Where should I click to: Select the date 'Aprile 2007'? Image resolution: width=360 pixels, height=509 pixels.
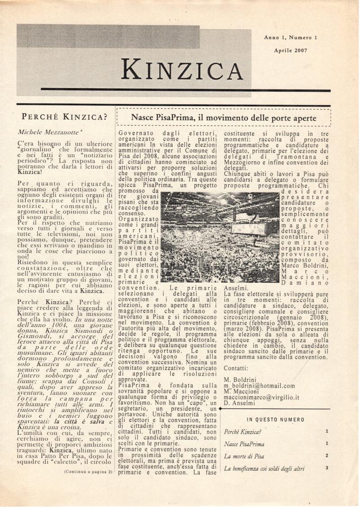tap(291, 50)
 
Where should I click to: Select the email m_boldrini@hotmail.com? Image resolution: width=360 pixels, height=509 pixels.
tap(259, 385)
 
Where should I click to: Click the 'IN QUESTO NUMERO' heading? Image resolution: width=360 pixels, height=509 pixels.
tap(275, 420)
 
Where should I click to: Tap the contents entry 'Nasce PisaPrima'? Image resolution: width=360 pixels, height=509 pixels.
tap(244, 444)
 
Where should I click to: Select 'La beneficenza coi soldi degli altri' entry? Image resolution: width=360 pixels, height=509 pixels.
tap(264, 469)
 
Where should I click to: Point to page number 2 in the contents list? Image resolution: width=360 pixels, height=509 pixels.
tap(327, 455)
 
